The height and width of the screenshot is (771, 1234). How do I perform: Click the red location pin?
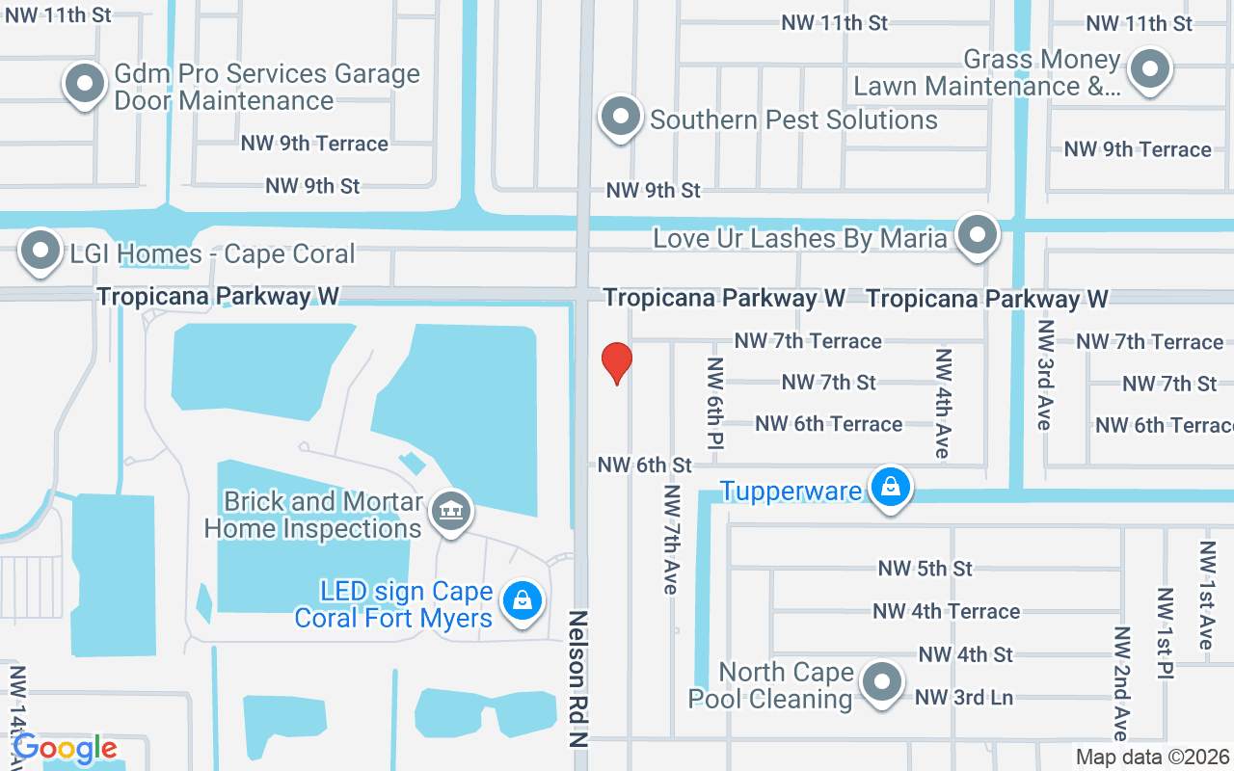(617, 362)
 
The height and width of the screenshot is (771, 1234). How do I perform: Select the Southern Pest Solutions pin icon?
(621, 117)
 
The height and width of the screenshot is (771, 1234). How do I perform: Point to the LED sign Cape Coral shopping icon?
(523, 600)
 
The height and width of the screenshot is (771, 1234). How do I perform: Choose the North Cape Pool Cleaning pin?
(881, 682)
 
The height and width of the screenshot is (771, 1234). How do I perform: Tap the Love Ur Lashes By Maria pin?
(979, 234)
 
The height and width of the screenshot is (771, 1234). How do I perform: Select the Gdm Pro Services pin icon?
(85, 83)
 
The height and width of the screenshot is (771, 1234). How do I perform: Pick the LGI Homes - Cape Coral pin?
(40, 251)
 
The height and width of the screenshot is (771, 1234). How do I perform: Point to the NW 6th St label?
(645, 465)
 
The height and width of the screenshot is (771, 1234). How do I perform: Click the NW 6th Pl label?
(715, 404)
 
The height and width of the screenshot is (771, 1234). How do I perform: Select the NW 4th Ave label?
(943, 404)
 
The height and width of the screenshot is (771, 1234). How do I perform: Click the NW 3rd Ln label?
(963, 697)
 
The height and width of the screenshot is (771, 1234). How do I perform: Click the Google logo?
(65, 748)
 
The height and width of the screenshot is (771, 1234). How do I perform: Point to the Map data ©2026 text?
(1152, 758)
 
